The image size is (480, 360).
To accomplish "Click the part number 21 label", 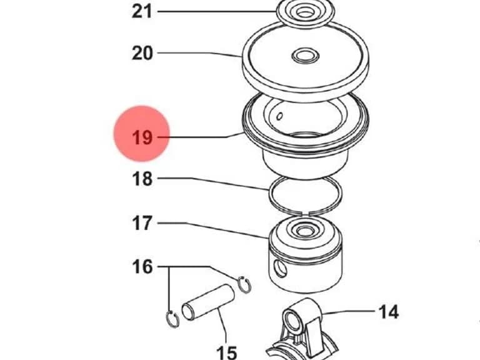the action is [x=142, y=12].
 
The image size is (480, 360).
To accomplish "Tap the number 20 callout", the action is [x=142, y=53].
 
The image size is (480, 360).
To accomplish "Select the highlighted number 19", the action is [x=142, y=137].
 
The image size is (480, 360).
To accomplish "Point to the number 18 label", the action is [x=142, y=179].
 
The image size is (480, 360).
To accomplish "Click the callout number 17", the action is [x=142, y=223].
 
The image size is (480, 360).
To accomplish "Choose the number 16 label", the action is [x=142, y=267].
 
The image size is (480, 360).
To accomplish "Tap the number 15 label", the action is [x=226, y=352].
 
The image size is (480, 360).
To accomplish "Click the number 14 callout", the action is [x=389, y=312].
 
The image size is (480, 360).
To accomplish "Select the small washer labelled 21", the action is [x=305, y=11].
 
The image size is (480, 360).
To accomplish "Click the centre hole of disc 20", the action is [x=305, y=56].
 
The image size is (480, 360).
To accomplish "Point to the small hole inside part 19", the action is [x=279, y=116].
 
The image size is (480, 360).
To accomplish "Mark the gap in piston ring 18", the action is [x=306, y=212].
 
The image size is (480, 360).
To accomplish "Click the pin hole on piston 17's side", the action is [x=281, y=269].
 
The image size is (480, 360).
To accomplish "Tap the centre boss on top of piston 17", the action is [x=304, y=230].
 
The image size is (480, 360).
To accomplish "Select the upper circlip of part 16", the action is [x=244, y=285].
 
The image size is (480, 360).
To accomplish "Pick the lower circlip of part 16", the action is [x=172, y=319].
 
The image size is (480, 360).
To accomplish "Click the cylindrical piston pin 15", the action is [x=208, y=302].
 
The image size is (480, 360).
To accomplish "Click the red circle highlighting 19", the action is [x=142, y=134].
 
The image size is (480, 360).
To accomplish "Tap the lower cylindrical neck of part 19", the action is [x=306, y=165].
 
